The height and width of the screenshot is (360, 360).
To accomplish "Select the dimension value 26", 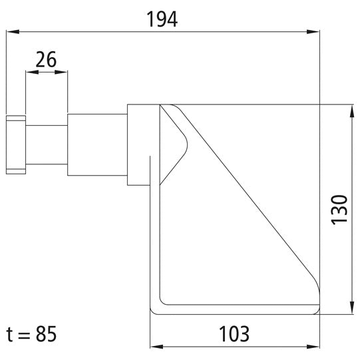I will click(x=46, y=60).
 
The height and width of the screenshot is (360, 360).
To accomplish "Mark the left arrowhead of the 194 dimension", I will click(x=11, y=31).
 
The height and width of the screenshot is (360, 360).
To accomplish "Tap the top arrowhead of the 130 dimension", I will click(x=351, y=109).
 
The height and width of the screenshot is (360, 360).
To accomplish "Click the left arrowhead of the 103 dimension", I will click(x=155, y=347).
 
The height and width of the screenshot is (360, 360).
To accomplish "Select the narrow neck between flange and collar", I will click(x=46, y=144).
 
